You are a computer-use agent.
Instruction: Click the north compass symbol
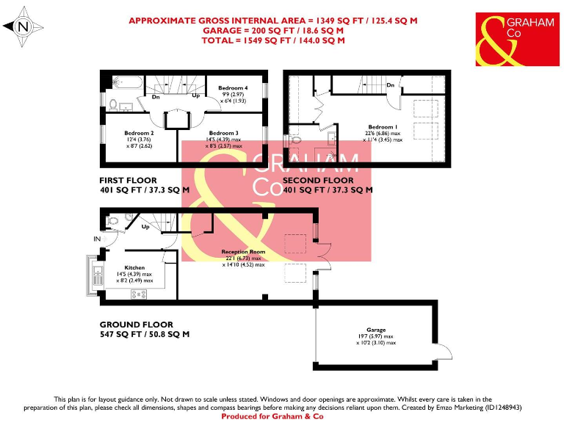point(22,27)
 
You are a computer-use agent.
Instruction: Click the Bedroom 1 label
point(382,127)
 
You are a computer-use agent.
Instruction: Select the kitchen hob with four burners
point(138,294)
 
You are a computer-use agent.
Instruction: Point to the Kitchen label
point(134,267)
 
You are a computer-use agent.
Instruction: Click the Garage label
point(376,330)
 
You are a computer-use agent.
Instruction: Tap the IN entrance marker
point(97,239)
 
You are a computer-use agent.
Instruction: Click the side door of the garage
point(441,356)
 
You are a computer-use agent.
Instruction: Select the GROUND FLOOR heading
point(137,324)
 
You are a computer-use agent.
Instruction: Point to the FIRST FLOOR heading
point(129,180)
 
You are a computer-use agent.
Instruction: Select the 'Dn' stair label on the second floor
point(391,86)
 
